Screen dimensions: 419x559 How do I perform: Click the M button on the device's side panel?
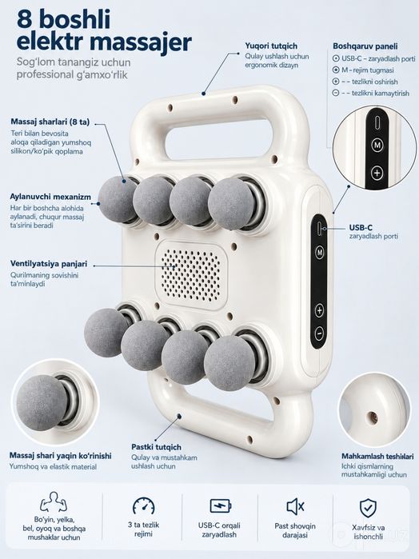pos(320,253)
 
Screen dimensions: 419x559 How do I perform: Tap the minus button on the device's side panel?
pos(319,333)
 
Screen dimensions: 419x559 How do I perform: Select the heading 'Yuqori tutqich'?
pos(271,46)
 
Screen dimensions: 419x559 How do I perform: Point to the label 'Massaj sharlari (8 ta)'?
pos(50,122)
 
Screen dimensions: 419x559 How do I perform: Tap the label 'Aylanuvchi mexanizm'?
pos(50,197)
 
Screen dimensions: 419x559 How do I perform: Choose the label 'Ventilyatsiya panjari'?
pos(49,264)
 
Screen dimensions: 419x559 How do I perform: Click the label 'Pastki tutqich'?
pos(156,447)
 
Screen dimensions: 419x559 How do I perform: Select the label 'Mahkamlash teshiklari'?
pos(377,456)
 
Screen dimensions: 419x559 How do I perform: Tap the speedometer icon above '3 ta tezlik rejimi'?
pos(144,505)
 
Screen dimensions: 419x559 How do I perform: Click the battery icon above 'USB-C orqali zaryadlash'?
pos(221,505)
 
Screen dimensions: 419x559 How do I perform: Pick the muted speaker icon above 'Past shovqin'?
pos(295,506)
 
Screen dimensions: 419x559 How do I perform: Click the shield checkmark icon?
pos(368,508)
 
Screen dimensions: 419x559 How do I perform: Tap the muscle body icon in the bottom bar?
pos(54,502)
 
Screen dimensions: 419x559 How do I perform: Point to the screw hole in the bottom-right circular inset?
pos(373,417)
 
